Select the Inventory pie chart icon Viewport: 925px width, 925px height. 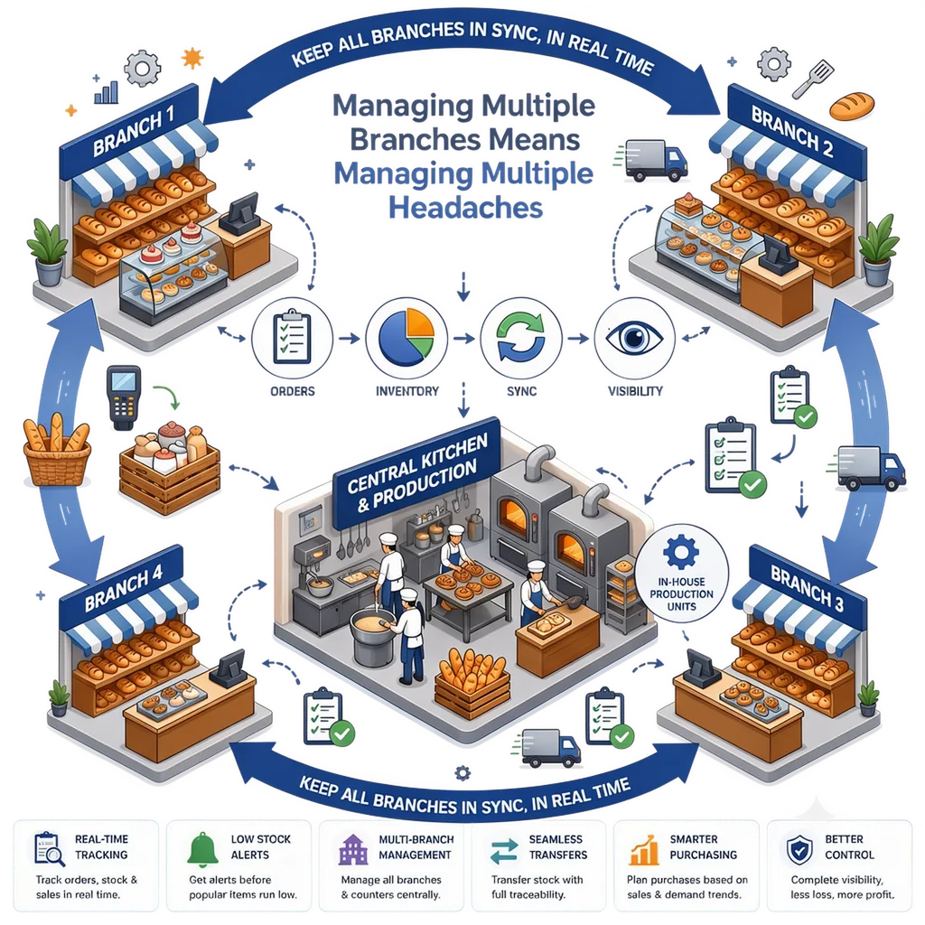(x=406, y=337)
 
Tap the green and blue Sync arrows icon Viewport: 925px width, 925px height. (x=521, y=337)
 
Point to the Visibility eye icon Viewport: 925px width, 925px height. (x=634, y=338)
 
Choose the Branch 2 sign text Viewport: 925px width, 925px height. (x=791, y=131)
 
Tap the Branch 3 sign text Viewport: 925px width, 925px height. (x=807, y=587)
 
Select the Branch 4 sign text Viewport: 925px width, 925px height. (x=123, y=589)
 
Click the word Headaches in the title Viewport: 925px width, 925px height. (x=465, y=208)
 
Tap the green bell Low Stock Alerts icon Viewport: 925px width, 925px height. (x=202, y=849)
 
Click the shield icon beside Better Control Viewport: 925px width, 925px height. (x=799, y=849)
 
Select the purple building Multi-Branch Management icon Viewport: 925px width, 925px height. (x=353, y=849)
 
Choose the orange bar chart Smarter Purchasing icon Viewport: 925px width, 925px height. (x=643, y=849)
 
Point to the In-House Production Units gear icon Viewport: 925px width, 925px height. (x=681, y=552)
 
